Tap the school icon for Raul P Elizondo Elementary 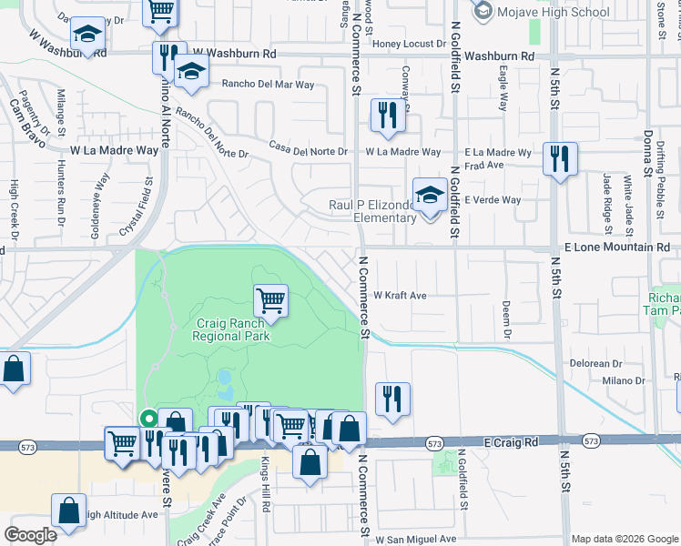[x=429, y=194]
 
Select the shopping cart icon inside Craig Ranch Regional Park [x=270, y=299]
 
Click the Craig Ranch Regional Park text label [x=231, y=329]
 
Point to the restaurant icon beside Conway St [x=388, y=115]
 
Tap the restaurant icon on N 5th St [x=559, y=158]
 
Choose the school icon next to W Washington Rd [x=87, y=35]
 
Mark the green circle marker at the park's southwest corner [x=147, y=419]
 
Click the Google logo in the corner [x=31, y=535]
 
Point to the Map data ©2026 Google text [x=624, y=539]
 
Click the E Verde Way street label [x=493, y=200]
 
